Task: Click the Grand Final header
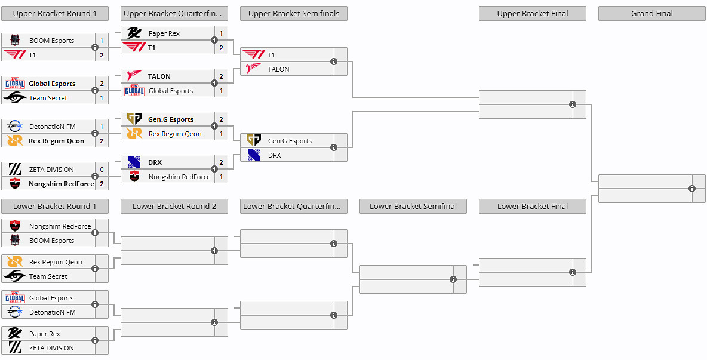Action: click(651, 13)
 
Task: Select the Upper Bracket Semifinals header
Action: click(293, 13)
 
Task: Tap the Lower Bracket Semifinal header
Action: click(413, 206)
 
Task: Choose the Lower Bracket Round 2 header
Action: click(174, 206)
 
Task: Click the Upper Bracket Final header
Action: click(532, 13)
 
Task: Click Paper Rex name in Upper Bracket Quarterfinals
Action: click(164, 33)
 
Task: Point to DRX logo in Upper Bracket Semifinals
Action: click(254, 155)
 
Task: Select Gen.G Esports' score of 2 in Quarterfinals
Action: click(221, 119)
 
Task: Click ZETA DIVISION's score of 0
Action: click(102, 170)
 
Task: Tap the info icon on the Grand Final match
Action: click(692, 189)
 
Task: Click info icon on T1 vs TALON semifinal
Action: click(334, 61)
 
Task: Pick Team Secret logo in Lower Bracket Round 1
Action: click(15, 276)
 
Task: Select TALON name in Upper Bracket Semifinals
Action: click(278, 69)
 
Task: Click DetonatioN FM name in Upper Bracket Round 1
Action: click(52, 127)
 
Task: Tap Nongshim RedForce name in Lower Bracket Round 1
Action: click(60, 226)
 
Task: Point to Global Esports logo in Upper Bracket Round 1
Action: click(15, 84)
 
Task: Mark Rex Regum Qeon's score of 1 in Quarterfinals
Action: click(221, 134)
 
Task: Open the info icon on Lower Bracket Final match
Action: click(573, 272)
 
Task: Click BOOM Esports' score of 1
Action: click(102, 41)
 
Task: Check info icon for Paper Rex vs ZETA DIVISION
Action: click(95, 340)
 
